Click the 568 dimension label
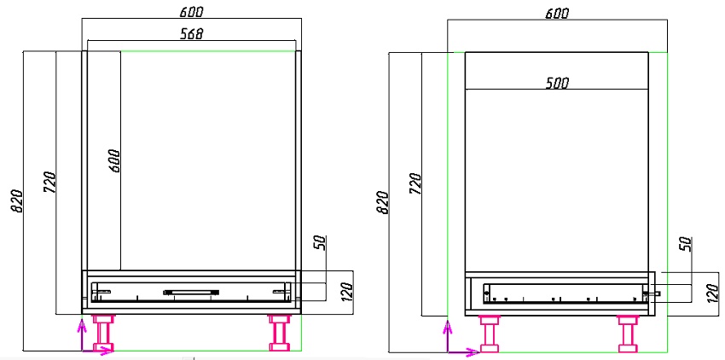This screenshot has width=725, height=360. [x=191, y=34]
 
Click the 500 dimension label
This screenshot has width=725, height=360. [x=557, y=84]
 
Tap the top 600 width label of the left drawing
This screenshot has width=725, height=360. [x=191, y=12]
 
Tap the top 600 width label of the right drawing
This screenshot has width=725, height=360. [x=557, y=14]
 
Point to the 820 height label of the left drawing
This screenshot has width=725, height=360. [x=17, y=200]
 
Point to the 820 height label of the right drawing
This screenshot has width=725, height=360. [x=383, y=201]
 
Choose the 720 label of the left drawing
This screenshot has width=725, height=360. [x=50, y=183]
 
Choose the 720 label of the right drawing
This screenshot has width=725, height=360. [x=415, y=183]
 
